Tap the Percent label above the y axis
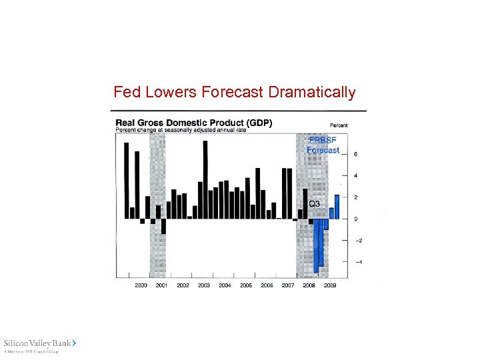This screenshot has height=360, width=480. click(338, 125)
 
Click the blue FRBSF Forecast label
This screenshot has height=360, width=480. click(323, 145)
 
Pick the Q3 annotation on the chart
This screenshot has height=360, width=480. click(314, 203)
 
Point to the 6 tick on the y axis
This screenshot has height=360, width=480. click(356, 154)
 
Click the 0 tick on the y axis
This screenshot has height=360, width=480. click(356, 219)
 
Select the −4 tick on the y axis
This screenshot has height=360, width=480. click(357, 262)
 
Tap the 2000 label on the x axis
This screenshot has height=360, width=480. click(141, 285)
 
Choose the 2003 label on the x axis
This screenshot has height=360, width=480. click(204, 285)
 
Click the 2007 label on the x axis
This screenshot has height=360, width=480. click(288, 285)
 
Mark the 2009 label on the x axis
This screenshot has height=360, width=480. click(330, 285)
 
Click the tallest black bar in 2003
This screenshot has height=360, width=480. click(205, 179)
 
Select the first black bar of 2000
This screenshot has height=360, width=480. click(126, 181)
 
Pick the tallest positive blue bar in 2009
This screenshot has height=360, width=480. click(337, 207)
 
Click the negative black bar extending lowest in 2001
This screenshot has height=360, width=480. click(163, 226)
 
